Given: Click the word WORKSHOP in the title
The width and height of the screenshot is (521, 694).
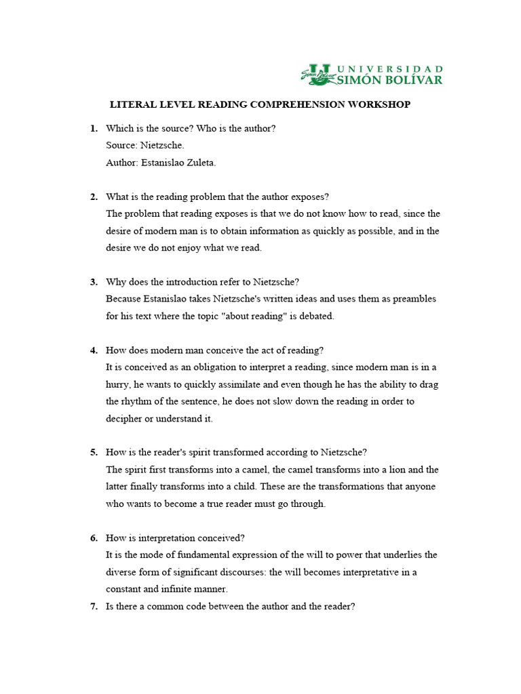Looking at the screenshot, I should click(379, 105).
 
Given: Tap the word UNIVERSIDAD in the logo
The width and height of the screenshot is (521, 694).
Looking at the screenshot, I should click(391, 69).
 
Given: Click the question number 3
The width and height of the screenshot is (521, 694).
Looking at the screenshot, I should click(94, 282).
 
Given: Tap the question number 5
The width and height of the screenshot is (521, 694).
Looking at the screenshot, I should click(94, 453).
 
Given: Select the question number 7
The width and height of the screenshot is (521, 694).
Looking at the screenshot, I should click(94, 607).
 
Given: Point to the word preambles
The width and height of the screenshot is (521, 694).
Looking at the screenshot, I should click(412, 299).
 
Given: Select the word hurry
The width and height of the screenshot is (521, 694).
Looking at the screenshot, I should click(119, 384).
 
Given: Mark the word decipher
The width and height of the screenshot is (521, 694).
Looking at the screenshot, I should click(124, 419).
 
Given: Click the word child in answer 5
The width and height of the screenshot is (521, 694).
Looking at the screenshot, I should click(260, 487).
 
